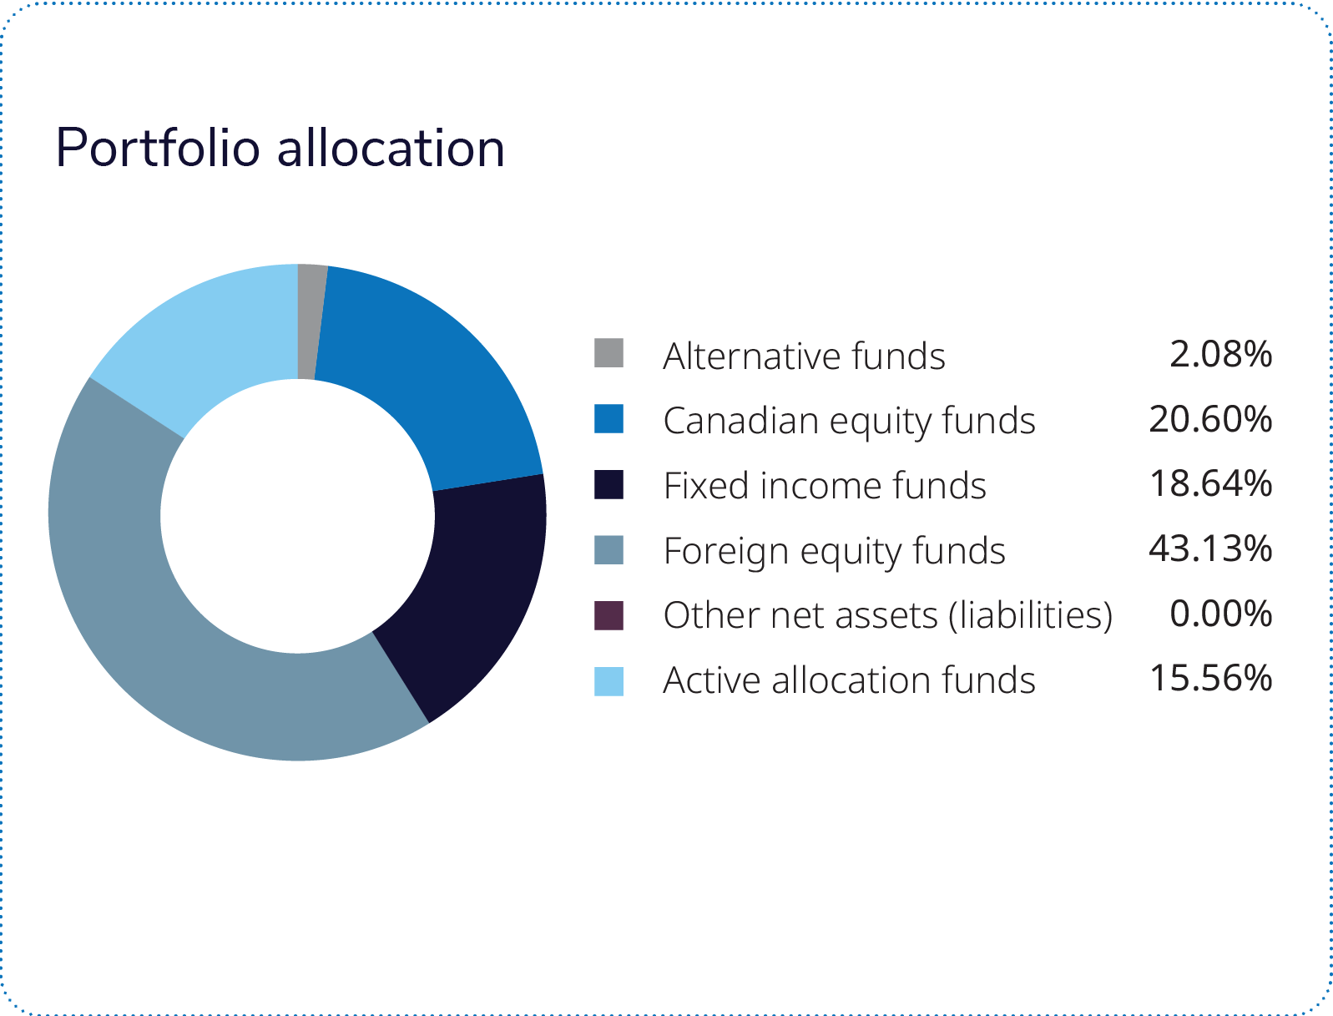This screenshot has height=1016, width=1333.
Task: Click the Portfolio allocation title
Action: pos(280,149)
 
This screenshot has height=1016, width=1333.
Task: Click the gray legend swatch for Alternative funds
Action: pos(608,353)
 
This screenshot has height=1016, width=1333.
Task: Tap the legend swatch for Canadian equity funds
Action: pos(608,418)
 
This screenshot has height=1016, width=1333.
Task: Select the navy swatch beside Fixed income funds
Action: pos(608,484)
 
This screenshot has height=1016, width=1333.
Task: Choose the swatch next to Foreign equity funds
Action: pos(608,549)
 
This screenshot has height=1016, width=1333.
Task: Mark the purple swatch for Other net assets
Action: pos(608,615)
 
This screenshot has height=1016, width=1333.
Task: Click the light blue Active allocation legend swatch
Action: pos(608,680)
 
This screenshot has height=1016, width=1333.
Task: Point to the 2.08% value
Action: pos(1220,354)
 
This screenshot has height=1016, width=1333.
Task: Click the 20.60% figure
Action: pos(1210,419)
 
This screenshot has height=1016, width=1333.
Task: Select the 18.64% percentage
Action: pos(1210,484)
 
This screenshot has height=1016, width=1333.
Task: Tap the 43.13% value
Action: pos(1210,549)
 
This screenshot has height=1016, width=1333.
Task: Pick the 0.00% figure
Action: pos(1220,614)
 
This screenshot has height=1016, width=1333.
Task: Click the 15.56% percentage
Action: pos(1210,679)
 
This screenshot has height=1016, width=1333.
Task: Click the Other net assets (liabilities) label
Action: pos(887,615)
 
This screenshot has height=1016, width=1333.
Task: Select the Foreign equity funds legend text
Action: pos(834,551)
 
